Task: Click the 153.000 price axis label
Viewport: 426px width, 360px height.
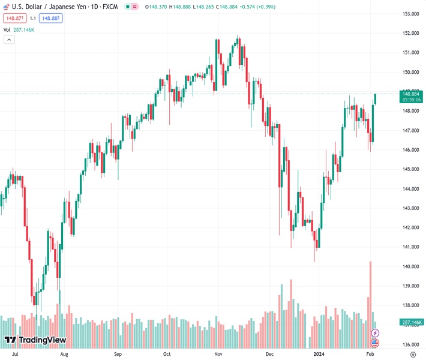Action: pos(410,14)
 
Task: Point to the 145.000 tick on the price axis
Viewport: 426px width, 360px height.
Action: pos(410,169)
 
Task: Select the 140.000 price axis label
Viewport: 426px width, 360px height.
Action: pos(410,266)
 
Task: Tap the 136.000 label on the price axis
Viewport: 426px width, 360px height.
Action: pos(410,344)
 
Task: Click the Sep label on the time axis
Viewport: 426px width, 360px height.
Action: pos(118,355)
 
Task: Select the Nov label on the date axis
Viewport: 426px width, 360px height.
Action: pos(219,355)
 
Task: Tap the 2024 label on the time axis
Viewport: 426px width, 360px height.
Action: pos(319,355)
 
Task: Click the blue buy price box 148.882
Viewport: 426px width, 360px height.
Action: pos(50,18)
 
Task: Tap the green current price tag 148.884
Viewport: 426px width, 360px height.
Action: pos(411,94)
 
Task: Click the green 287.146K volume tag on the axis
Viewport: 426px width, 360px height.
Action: pos(411,322)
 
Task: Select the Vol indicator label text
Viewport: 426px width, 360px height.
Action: pos(7,29)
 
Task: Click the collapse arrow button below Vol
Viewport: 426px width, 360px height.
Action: pos(9,40)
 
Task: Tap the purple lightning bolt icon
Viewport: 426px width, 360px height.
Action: pos(376,332)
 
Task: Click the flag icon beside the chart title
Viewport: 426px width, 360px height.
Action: pos(5,6)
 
